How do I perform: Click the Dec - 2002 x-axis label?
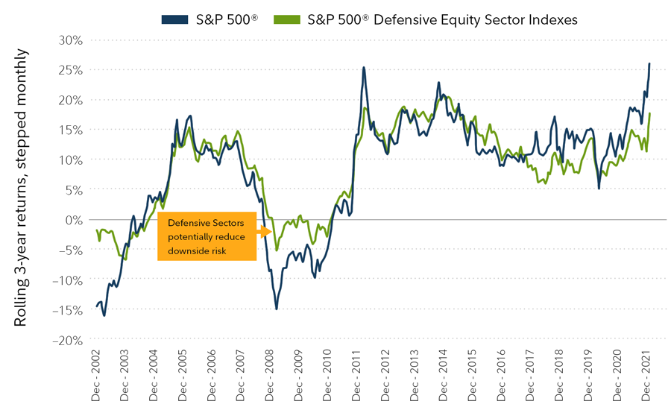[x=96, y=377]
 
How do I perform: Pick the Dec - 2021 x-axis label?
[x=646, y=377]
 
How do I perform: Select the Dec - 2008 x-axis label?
[x=270, y=377]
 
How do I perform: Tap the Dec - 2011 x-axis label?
[x=356, y=377]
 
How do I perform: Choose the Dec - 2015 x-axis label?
[x=472, y=377]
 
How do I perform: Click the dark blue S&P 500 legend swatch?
[x=173, y=19]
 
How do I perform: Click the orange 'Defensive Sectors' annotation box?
[x=207, y=236]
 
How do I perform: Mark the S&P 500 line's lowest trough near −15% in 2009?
[x=277, y=309]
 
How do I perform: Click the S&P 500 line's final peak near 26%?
[x=649, y=64]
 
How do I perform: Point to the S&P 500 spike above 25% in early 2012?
[x=363, y=68]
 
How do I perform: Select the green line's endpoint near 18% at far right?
[x=650, y=114]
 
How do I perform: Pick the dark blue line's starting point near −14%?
[x=97, y=306]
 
